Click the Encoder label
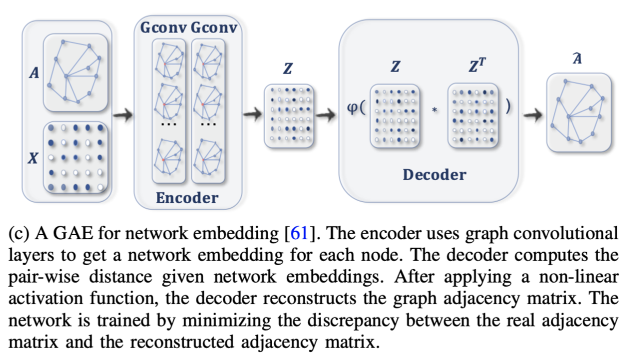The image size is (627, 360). (x=187, y=198)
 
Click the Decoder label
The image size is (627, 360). (x=434, y=175)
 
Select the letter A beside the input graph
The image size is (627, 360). (x=34, y=74)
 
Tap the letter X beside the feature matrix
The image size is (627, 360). (x=34, y=159)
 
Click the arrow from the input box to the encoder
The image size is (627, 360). (x=123, y=116)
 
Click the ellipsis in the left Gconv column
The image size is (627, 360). (x=168, y=124)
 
